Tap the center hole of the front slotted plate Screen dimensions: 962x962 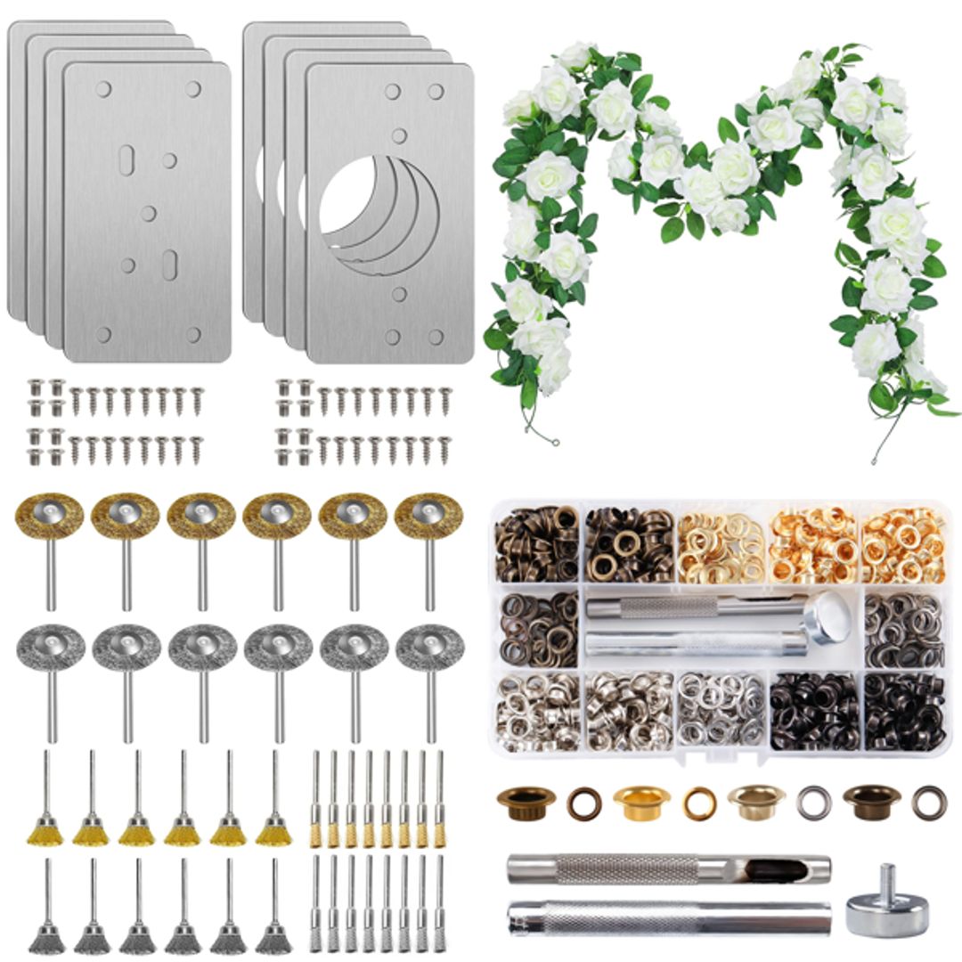tap(148, 214)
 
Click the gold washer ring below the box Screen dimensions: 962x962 tap(699, 803)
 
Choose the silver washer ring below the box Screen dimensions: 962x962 tap(813, 803)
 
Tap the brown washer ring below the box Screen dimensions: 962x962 tap(584, 803)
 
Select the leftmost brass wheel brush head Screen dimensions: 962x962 tap(50, 516)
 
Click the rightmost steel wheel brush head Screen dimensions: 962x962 tap(429, 648)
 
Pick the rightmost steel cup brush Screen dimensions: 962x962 tap(274, 937)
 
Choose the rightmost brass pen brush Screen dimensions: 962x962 tap(438, 833)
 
